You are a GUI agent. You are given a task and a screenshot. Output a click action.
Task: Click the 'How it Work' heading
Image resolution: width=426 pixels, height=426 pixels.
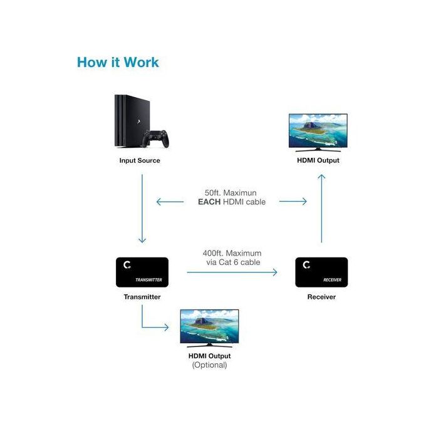(x=118, y=63)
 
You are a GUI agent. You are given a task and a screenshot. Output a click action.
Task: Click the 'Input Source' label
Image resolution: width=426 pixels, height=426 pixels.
(x=140, y=160)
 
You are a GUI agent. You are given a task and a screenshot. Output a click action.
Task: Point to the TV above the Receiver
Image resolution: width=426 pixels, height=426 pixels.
(x=318, y=132)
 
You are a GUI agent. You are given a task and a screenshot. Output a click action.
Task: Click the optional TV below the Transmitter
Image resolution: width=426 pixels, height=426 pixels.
(x=209, y=327)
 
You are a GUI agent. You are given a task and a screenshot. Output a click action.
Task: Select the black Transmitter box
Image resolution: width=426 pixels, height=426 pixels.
(x=142, y=272)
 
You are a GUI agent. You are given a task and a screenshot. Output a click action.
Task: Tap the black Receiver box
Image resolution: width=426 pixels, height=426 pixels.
(x=321, y=272)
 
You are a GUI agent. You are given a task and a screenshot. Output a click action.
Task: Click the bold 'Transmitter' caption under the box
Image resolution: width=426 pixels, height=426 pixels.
(x=142, y=297)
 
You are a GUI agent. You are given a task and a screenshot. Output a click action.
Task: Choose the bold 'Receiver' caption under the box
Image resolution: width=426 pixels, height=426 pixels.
(x=321, y=297)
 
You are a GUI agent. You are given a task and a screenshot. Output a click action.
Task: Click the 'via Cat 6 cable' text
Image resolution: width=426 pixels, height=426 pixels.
(x=233, y=262)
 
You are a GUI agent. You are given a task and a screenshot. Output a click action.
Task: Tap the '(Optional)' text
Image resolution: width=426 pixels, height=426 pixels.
(x=209, y=365)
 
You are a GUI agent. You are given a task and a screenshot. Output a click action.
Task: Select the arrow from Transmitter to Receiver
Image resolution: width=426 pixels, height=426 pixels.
(x=232, y=273)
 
